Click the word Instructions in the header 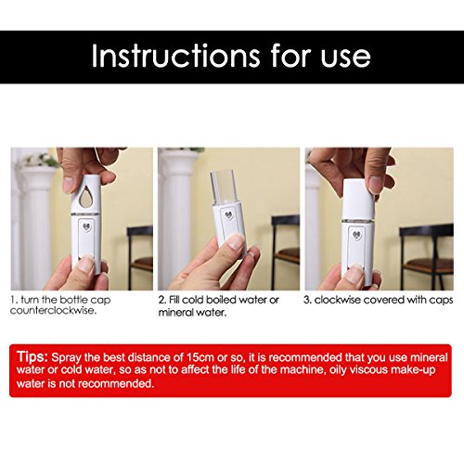coord(175,56)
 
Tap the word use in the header coord(345,58)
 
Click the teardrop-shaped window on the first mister coord(85,197)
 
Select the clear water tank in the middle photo coord(224,187)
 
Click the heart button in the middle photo coord(229,215)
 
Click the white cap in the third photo coord(358,200)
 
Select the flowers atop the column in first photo coord(41,160)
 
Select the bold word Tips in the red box coord(32,356)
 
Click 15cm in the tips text coord(200,357)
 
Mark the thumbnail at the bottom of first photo coord(86,264)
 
